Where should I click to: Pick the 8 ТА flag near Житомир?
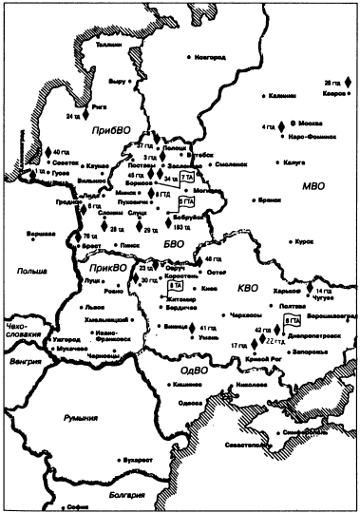click(x=175, y=285)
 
